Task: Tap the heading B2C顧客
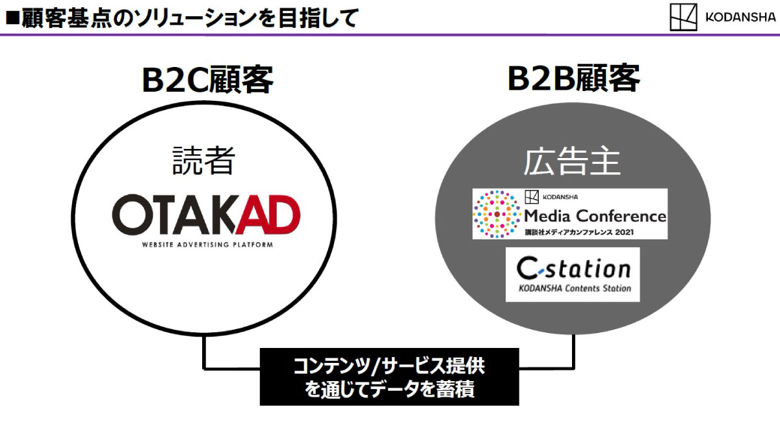pyautogui.click(x=207, y=80)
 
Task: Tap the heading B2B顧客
pyautogui.click(x=574, y=79)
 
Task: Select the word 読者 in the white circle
pyautogui.click(x=203, y=161)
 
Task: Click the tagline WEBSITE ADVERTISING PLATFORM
pyautogui.click(x=207, y=245)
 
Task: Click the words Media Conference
pyautogui.click(x=595, y=215)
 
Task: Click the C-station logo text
pyautogui.click(x=573, y=268)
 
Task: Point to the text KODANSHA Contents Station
pyautogui.click(x=573, y=288)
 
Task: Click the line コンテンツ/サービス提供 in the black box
pyautogui.click(x=389, y=366)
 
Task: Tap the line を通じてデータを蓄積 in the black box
pyautogui.click(x=389, y=390)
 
